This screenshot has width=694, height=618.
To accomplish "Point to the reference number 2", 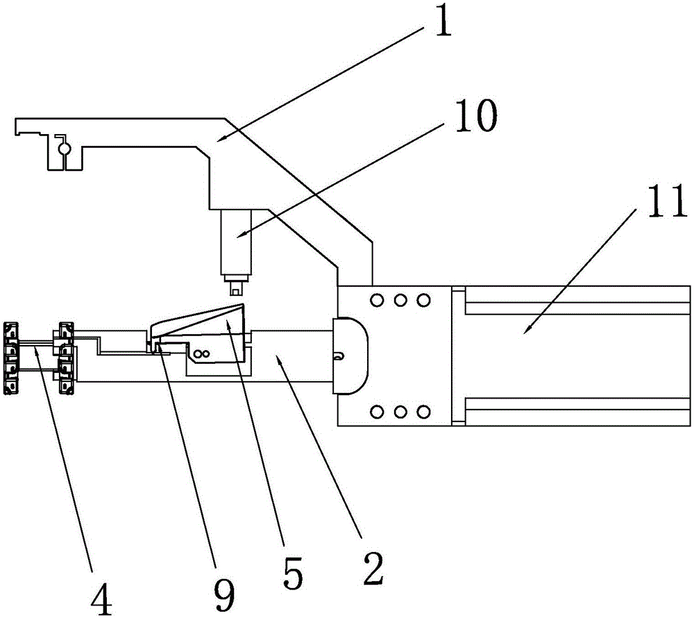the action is point(373,569).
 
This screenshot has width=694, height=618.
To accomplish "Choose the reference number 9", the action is point(224,596).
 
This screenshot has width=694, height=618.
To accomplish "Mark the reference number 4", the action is point(101,600).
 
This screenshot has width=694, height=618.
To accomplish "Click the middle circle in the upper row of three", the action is point(400,300).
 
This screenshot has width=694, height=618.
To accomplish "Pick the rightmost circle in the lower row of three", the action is point(423,412).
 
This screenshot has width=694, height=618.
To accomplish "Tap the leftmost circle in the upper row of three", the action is point(377,300).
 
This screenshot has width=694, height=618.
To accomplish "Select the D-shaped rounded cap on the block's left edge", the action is point(350,356).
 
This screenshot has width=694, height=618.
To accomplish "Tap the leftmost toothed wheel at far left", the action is point(11,358).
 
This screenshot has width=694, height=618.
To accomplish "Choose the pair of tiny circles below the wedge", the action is point(202,353).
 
